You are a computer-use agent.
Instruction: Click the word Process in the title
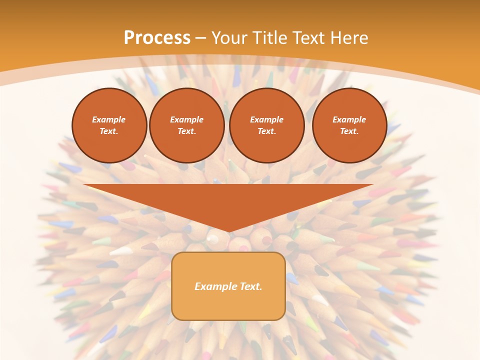click(157, 38)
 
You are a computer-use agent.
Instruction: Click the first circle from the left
click(109, 125)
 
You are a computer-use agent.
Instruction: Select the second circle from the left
click(186, 125)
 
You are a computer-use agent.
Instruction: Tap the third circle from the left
click(266, 125)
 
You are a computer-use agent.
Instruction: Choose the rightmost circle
click(349, 125)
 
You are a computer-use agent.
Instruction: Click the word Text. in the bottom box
click(250, 286)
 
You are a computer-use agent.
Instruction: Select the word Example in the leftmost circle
click(109, 119)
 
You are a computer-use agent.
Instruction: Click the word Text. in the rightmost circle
click(349, 131)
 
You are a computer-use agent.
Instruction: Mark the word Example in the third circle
click(266, 119)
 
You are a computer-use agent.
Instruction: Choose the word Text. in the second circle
click(186, 131)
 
